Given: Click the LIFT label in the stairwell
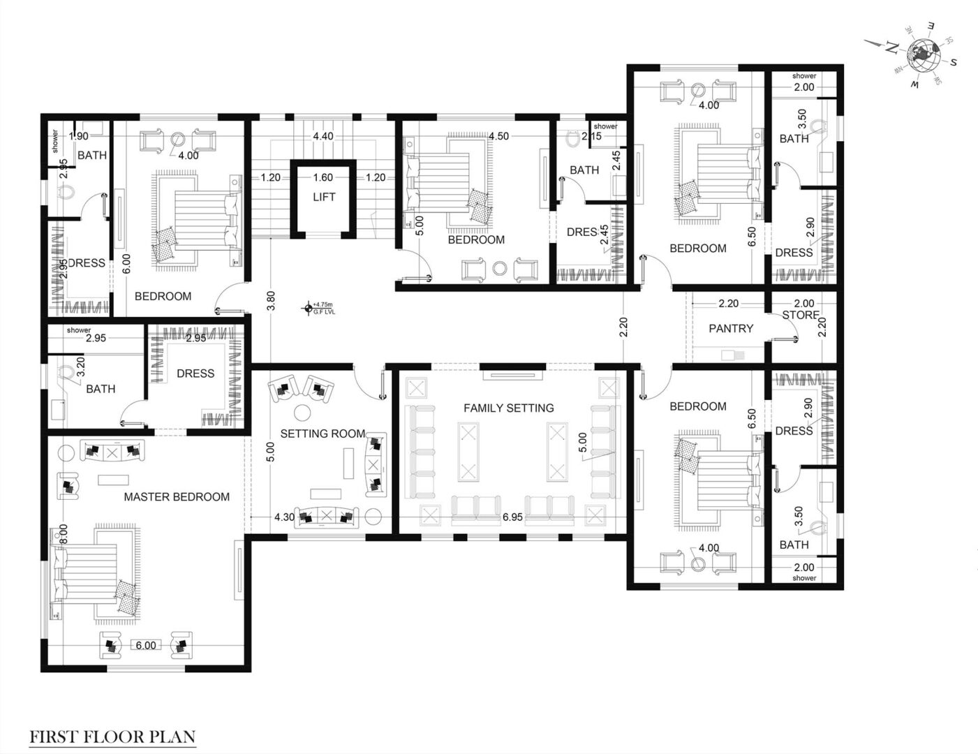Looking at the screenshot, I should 324,198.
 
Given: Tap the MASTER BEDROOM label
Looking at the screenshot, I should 177,497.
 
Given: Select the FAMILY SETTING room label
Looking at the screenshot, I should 509,408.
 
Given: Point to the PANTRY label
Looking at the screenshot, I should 731,329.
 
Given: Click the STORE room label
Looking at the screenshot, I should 800,316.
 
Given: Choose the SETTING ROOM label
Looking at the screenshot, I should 323,434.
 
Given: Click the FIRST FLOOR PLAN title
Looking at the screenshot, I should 112,737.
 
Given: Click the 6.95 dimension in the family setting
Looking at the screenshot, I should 512,518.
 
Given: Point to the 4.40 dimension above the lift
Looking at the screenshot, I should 323,137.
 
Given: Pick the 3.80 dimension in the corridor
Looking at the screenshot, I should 271,301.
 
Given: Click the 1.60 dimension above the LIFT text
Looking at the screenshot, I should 323,178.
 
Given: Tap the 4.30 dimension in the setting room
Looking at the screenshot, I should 284,518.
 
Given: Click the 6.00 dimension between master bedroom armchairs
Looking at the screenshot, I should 146,646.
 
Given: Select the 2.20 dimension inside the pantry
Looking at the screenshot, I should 728,304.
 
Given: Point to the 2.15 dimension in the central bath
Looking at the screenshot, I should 591,137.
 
